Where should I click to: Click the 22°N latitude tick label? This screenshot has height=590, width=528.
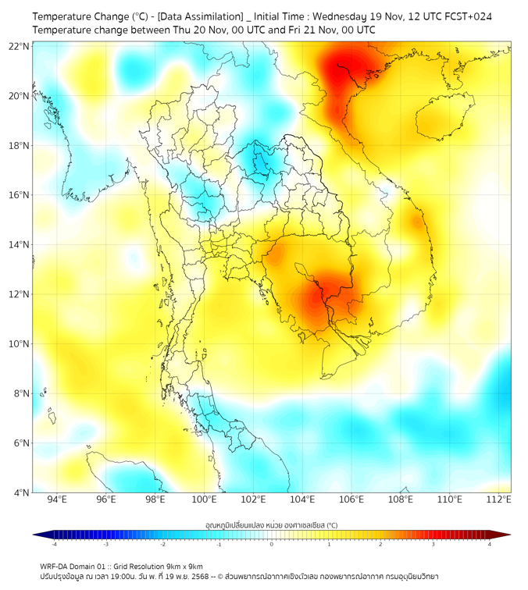(19, 46)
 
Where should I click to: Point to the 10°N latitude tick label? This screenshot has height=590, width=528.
(19, 344)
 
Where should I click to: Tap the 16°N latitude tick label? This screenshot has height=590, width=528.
(19, 195)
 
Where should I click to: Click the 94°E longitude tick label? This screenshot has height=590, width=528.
(57, 499)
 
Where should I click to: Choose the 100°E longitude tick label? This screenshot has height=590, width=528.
(205, 499)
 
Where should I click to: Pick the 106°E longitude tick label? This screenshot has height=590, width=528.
(352, 499)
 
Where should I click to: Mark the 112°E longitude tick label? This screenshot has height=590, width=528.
(500, 499)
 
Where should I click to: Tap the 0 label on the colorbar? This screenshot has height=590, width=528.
(272, 544)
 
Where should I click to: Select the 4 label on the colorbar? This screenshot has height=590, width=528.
(490, 544)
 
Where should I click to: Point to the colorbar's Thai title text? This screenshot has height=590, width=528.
(271, 525)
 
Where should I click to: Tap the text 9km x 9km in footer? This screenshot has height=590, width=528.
(184, 566)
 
